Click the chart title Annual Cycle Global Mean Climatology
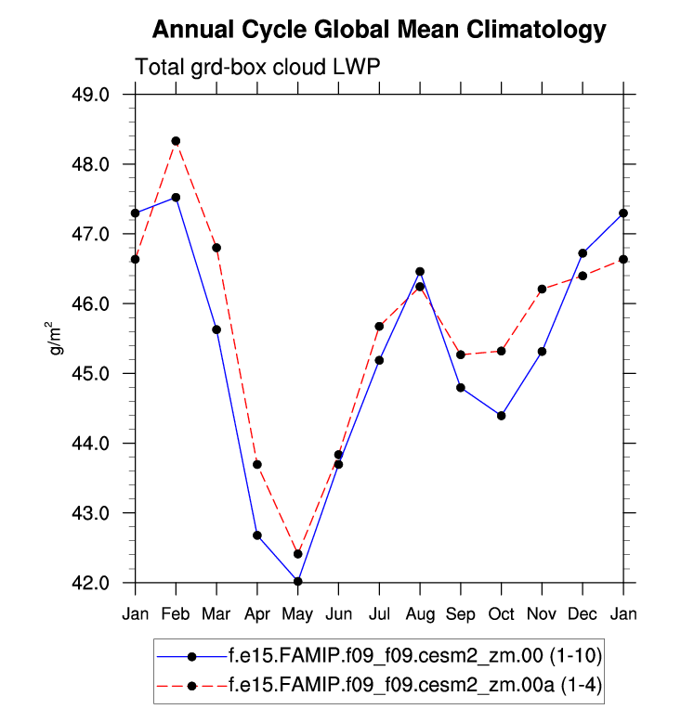point(379,30)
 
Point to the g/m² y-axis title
point(58,338)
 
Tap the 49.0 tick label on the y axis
point(92,95)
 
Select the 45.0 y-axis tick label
point(92,374)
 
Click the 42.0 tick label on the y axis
point(92,583)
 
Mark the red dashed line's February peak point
point(176,141)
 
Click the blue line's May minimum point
point(298,581)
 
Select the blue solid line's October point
point(502,416)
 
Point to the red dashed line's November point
point(543,289)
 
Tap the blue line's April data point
point(257,535)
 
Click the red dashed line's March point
point(216,248)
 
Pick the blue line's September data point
point(461,387)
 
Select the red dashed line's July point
point(379,326)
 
